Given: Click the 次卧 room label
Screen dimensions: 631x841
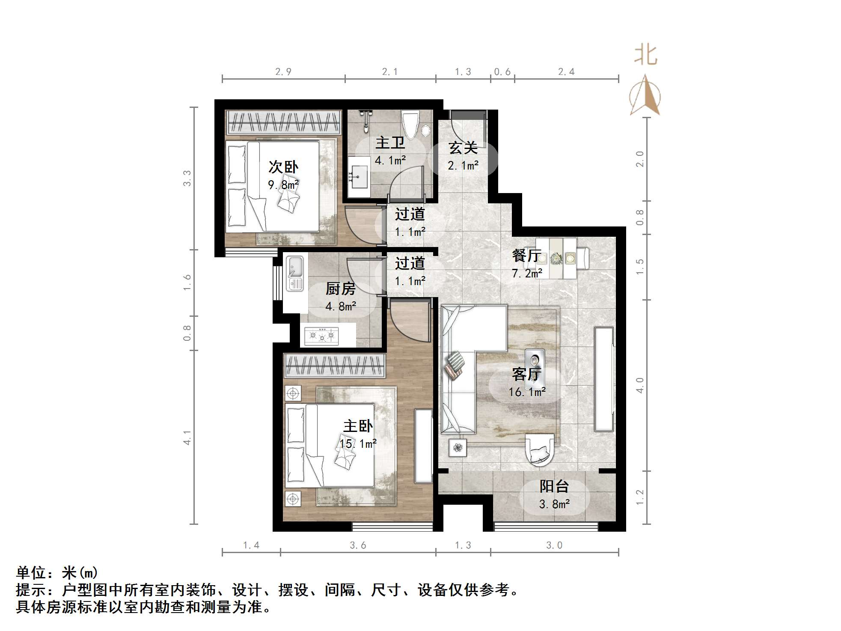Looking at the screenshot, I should point(283,167).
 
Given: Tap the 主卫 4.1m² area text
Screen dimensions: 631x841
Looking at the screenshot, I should point(390,161).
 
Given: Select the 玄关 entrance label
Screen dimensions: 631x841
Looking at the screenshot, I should point(463,148).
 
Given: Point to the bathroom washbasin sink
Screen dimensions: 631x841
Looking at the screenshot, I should point(359,176).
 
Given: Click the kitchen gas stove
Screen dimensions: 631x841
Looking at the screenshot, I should point(321,336).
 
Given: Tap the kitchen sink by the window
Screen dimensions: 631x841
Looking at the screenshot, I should point(294,273).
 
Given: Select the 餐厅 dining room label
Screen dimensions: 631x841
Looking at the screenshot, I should point(526,256).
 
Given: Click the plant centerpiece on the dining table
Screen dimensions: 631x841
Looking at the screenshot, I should point(556,258).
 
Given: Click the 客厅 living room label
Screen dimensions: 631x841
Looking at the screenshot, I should point(526,374).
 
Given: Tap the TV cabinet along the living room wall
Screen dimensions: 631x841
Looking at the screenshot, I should point(603,379).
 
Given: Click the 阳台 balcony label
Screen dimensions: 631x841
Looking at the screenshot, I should point(554,486).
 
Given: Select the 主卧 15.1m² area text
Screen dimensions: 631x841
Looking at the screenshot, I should point(358,443).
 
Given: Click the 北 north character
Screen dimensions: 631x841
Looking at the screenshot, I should point(645,56).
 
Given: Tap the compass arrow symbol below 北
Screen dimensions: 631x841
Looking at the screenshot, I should point(645,96).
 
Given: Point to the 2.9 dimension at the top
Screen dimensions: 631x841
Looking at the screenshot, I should point(283,72).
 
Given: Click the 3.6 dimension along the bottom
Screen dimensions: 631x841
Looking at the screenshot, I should point(358,545).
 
